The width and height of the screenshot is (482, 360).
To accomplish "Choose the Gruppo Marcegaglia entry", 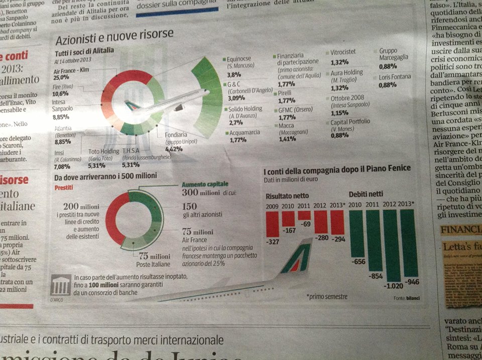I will pyautogui.click(x=395, y=58).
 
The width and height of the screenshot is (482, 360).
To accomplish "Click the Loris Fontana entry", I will pyautogui.click(x=395, y=80).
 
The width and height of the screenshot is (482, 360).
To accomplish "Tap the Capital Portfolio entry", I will pyautogui.click(x=350, y=128).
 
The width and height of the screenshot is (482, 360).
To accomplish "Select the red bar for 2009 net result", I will pyautogui.click(x=272, y=224).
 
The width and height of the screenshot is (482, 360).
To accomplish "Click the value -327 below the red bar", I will pyautogui.click(x=272, y=242).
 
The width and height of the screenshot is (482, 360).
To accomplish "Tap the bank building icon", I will pyautogui.click(x=61, y=286).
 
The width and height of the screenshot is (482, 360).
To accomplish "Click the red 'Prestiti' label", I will pyautogui.click(x=64, y=187).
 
